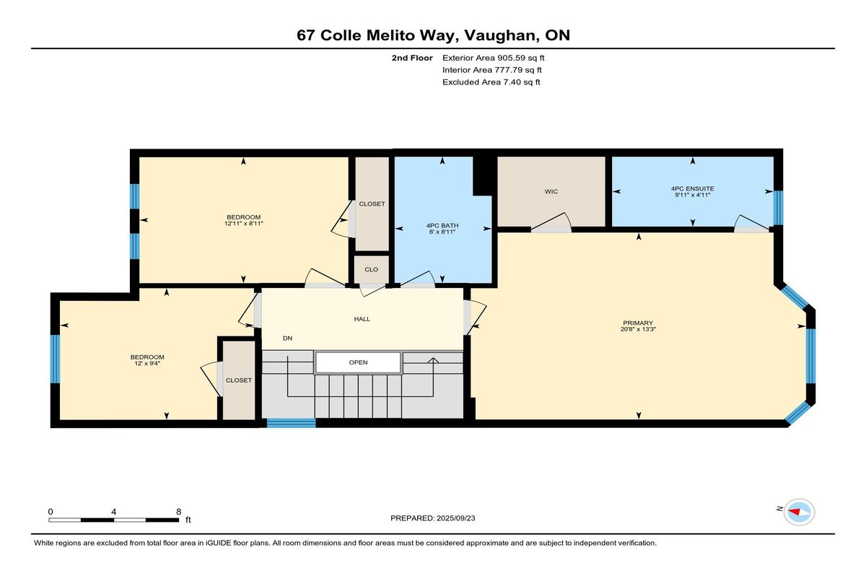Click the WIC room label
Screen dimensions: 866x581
(x=551, y=191)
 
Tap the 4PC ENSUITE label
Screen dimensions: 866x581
(x=692, y=188)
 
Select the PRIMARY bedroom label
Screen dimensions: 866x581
(x=638, y=323)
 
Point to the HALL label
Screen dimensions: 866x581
(x=362, y=319)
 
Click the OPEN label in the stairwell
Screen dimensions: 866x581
(x=358, y=362)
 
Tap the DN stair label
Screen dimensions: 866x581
(x=287, y=338)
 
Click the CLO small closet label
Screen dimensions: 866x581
(x=371, y=269)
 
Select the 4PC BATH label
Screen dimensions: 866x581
(x=442, y=225)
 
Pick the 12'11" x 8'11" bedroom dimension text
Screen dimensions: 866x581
(x=244, y=224)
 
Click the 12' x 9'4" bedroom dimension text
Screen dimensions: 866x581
(x=147, y=363)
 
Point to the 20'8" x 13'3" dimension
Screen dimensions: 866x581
(x=638, y=329)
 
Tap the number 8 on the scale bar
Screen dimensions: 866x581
(x=179, y=512)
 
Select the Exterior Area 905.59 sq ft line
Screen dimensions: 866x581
(x=494, y=58)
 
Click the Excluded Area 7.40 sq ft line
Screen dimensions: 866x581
(x=491, y=82)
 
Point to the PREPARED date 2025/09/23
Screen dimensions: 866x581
(x=456, y=518)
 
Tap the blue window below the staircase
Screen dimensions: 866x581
(x=291, y=423)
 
